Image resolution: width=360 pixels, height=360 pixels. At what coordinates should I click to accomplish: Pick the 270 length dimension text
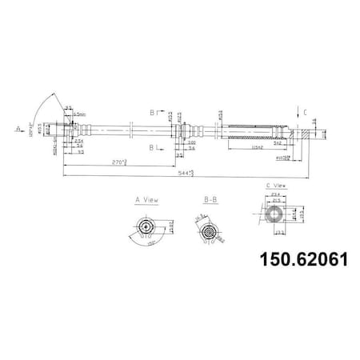(119, 163)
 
